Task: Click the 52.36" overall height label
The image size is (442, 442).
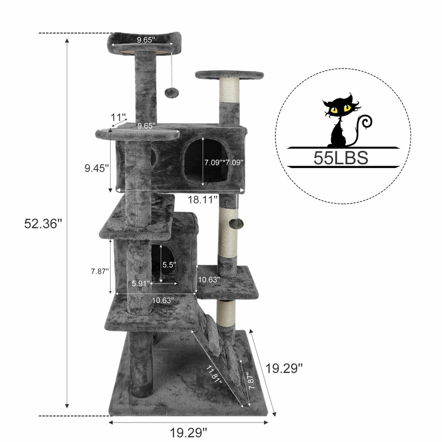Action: [42, 224]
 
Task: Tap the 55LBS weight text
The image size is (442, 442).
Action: [340, 157]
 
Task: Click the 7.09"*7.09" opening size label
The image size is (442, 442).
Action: [223, 162]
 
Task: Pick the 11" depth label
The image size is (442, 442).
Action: [118, 118]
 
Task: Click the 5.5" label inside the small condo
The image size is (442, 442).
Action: [169, 265]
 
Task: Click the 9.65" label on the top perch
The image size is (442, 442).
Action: [145, 40]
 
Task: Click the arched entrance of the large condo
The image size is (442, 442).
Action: [206, 161]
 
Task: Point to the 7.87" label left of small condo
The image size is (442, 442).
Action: [97, 272]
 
